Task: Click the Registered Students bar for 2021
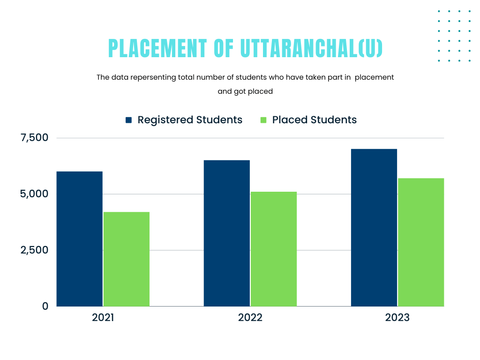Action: (x=80, y=239)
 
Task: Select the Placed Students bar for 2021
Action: (x=127, y=259)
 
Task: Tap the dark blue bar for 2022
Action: (x=227, y=233)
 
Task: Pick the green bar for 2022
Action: (x=274, y=249)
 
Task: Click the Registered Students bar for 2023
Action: (x=374, y=228)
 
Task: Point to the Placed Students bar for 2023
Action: (x=421, y=242)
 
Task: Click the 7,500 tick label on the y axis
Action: (x=34, y=138)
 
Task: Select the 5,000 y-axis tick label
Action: (x=34, y=194)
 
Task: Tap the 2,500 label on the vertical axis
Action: (x=34, y=250)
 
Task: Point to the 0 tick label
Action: (x=45, y=306)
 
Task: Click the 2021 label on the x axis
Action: (x=103, y=318)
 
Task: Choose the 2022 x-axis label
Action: (x=250, y=318)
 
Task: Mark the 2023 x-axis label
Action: (x=397, y=318)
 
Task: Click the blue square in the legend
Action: (x=129, y=120)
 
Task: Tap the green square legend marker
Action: (x=263, y=120)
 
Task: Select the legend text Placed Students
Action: (x=315, y=120)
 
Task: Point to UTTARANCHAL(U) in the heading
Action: (x=311, y=49)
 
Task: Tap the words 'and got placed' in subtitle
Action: (x=245, y=92)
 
